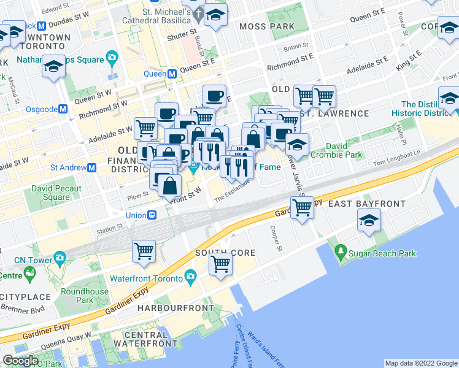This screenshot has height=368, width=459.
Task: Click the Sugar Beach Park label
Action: click(382, 253)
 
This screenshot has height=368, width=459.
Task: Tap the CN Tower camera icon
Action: click(59, 257)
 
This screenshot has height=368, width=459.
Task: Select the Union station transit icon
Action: click(152, 215)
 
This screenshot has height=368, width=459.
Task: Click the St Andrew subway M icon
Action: click(91, 167)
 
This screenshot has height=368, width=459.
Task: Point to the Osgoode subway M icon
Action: click(63, 109)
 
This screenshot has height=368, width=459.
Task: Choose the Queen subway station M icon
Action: click(172, 74)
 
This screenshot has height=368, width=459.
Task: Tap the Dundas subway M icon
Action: click(42, 26)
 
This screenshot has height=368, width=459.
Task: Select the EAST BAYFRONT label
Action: click(367, 204)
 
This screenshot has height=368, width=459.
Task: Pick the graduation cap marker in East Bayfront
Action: click(369, 221)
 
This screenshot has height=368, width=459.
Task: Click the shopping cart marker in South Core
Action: click(220, 264)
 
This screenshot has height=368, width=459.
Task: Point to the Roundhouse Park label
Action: click(77, 296)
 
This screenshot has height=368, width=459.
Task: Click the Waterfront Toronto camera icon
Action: click(190, 277)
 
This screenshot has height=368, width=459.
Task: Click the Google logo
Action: click(20, 361)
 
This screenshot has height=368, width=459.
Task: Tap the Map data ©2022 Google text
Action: click(420, 363)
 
